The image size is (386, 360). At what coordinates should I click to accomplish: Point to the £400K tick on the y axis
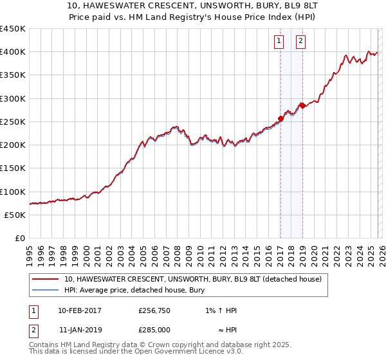pos(13,51)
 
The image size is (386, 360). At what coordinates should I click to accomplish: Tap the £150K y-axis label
pos(13,168)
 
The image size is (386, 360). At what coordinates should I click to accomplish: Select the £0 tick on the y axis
pos(19,238)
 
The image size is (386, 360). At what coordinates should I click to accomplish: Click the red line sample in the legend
pos(45,280)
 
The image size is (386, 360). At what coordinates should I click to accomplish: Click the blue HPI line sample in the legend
pos(45,291)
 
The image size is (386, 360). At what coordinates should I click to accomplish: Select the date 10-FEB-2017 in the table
pos(80,310)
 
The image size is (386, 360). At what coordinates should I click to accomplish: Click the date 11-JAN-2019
pos(80,330)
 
